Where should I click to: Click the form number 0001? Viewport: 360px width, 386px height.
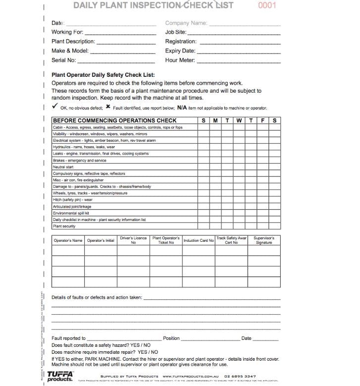[x=267, y=5]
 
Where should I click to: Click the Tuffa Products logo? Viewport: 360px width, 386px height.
[x=60, y=376]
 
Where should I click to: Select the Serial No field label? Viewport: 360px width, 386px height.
[x=64, y=60]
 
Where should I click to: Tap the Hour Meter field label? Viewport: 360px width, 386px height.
[x=180, y=60]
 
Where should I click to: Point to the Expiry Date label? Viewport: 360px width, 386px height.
[x=180, y=51]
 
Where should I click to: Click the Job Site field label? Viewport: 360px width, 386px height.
[x=175, y=32]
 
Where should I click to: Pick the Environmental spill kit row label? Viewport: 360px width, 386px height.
[x=71, y=213]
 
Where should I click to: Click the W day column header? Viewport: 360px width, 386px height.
[x=239, y=120]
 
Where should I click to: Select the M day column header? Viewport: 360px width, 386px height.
[x=215, y=120]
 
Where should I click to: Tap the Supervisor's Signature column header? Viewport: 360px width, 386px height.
[x=264, y=240]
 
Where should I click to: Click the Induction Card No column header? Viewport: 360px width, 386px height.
[x=199, y=241]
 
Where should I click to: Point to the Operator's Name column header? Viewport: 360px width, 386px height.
[x=68, y=241]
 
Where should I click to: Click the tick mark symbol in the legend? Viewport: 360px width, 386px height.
[x=55, y=107]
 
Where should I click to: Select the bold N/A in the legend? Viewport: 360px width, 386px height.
[x=182, y=107]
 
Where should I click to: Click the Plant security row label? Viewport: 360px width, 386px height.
[x=64, y=226]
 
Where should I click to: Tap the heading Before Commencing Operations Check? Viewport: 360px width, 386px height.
[x=114, y=120]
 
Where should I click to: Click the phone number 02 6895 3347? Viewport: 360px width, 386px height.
[x=240, y=377]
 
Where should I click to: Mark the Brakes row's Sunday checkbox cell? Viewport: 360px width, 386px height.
[x=204, y=161]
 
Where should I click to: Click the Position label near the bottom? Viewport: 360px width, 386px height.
[x=171, y=338]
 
